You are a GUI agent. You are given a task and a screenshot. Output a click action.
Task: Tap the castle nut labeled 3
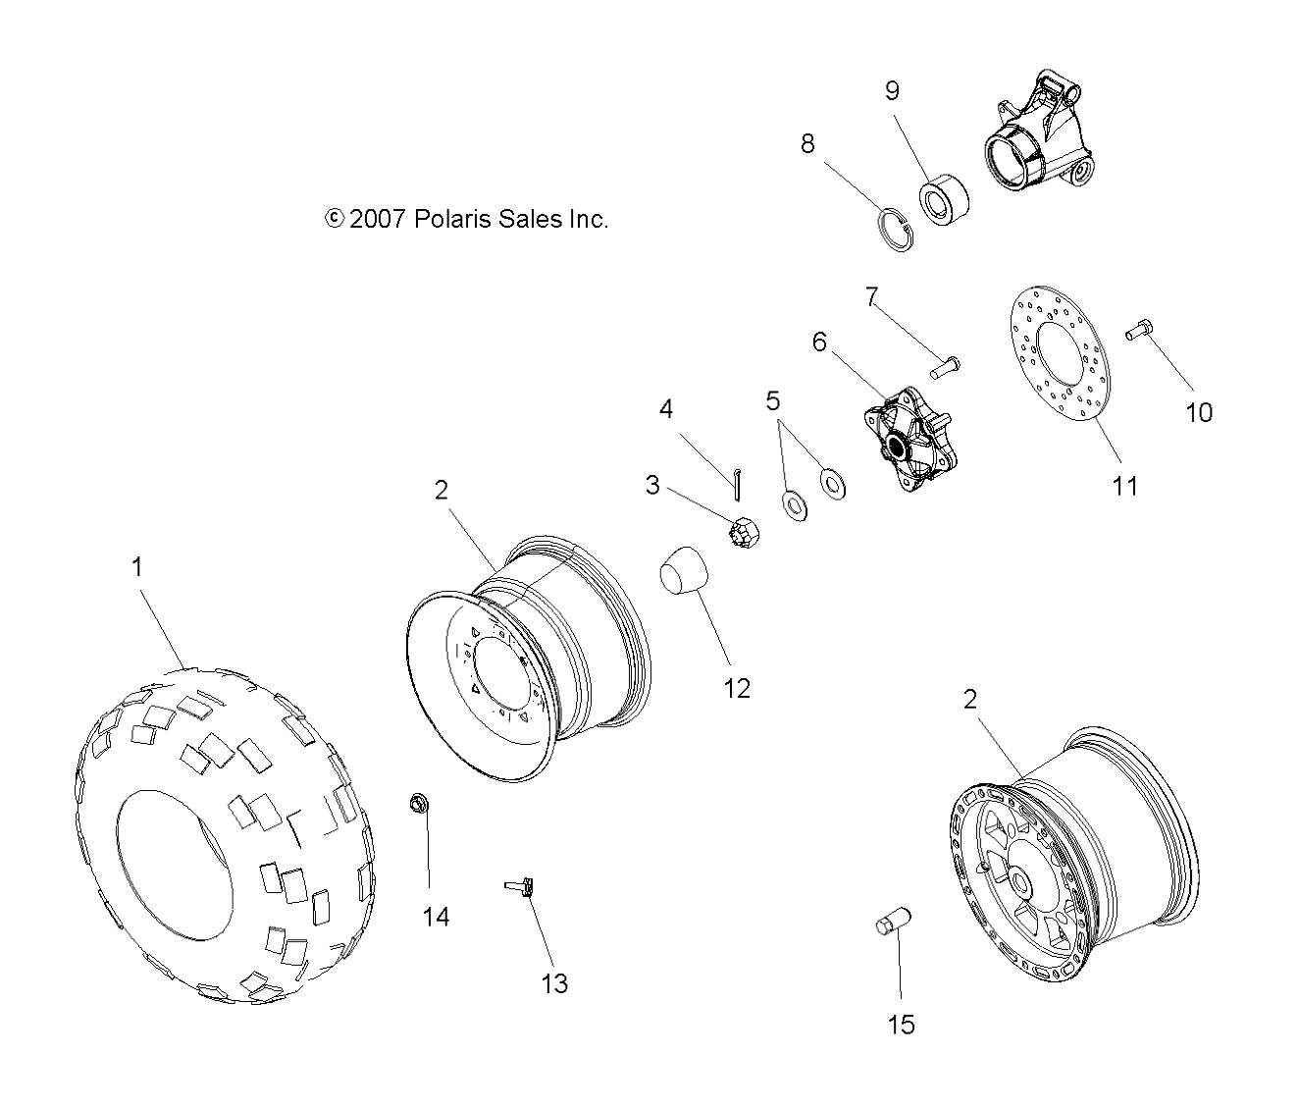point(744,532)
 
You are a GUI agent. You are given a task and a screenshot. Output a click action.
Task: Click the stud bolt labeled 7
point(944,366)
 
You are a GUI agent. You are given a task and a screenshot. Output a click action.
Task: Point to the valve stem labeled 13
point(519,887)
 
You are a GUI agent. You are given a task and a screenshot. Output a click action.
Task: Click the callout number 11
point(1124,485)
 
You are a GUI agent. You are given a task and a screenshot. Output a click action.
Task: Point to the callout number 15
point(900,1025)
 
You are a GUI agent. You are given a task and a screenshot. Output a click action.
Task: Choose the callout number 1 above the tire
point(137,566)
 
